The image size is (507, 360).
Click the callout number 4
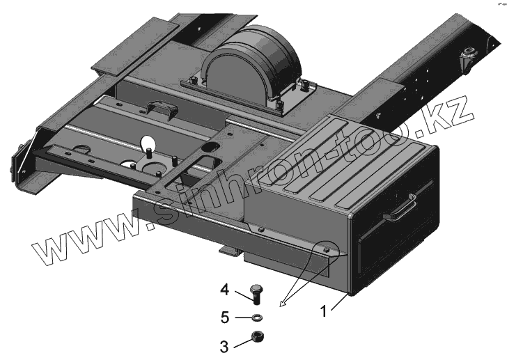[225, 289]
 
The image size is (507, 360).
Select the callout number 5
[225, 318]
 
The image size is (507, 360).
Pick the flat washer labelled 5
[256, 318]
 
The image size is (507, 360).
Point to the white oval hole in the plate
[148, 144]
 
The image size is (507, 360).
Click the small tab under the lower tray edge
[228, 249]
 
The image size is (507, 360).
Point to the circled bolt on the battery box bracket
[327, 249]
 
